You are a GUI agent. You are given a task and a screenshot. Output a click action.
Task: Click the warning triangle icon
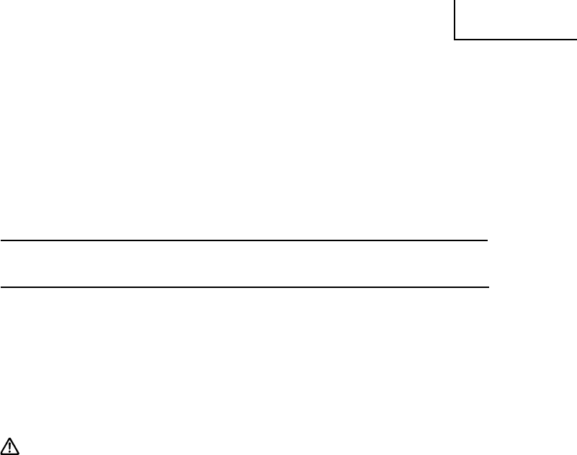[x=12, y=446]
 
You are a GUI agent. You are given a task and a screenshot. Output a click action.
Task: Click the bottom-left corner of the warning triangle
[x=4, y=454]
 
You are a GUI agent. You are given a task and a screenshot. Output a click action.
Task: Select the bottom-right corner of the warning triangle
[x=20, y=454]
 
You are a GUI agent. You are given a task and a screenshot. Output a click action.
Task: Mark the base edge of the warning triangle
[x=12, y=454]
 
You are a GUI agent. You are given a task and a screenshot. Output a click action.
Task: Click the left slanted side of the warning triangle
[x=7, y=446]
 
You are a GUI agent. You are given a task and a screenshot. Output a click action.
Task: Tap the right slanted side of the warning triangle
[x=16, y=446]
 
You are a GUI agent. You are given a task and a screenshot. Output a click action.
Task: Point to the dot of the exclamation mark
[x=12, y=451]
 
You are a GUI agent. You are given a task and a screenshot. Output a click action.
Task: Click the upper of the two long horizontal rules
[x=245, y=240]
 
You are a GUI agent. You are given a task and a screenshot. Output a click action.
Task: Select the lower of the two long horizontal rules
[x=245, y=287]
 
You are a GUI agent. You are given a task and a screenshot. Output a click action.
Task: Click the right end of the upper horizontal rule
[x=488, y=240]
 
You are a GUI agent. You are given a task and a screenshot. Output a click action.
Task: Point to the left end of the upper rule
[x=1, y=240]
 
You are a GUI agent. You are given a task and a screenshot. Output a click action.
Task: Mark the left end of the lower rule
[x=1, y=287]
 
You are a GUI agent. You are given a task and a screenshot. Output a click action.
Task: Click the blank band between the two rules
[x=245, y=264]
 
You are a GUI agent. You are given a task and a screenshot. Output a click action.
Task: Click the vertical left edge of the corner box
[x=455, y=19]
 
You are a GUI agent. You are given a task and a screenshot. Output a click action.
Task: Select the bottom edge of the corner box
[x=516, y=39]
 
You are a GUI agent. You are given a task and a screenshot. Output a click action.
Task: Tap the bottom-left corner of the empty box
[x=455, y=39]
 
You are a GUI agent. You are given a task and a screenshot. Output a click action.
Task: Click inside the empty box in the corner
[x=516, y=19]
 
